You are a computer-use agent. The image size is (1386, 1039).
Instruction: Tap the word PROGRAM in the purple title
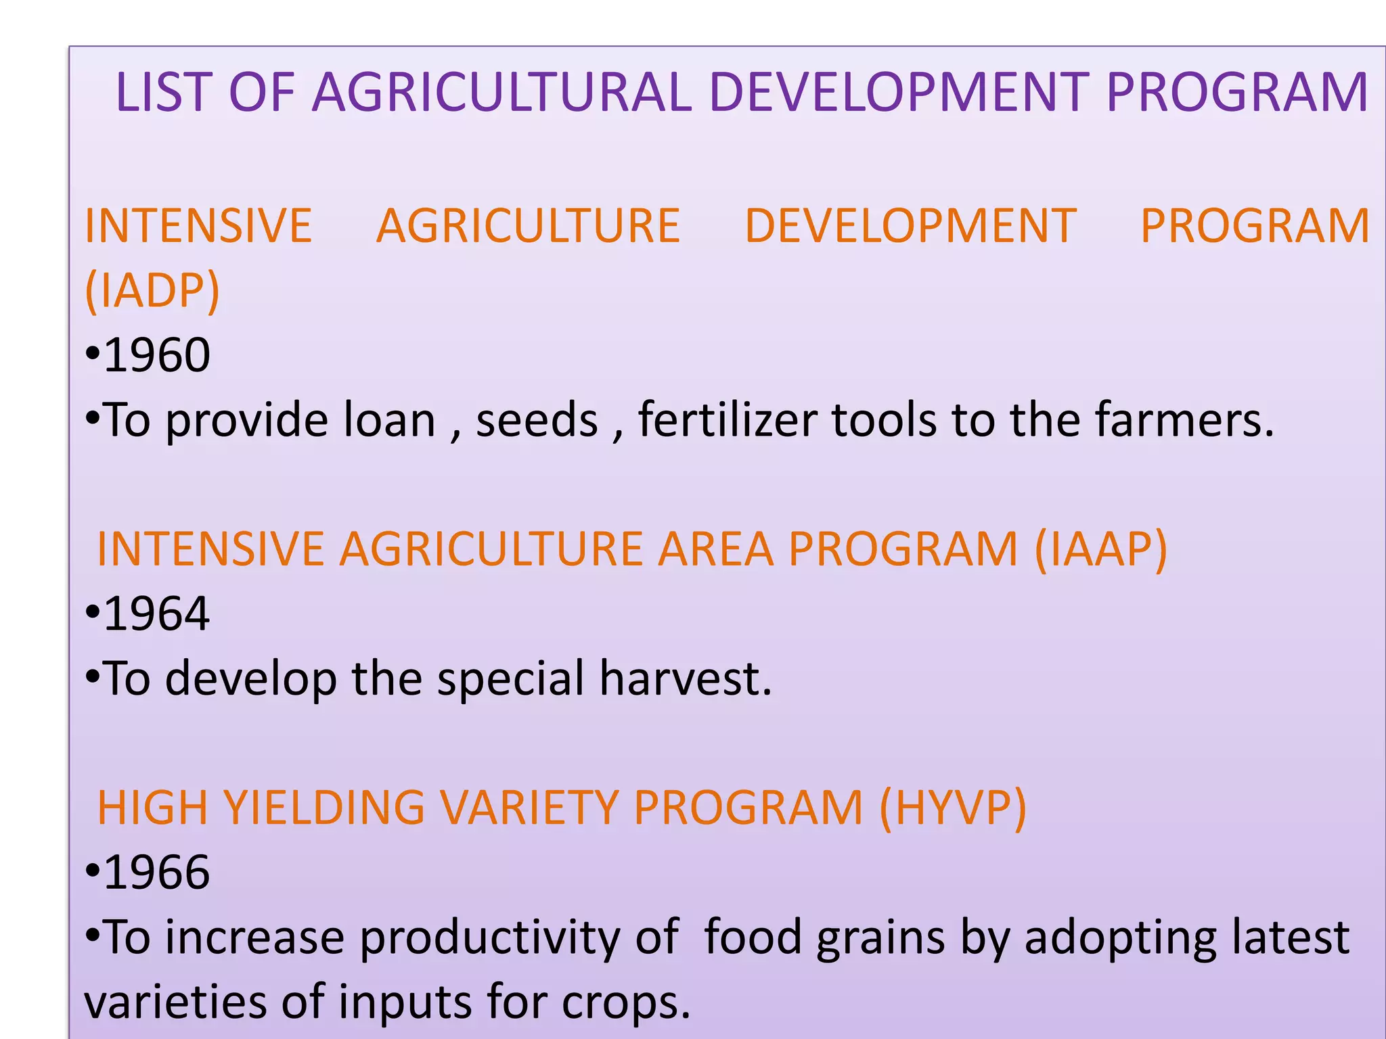click(1237, 92)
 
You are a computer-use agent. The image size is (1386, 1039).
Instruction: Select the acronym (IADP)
click(152, 290)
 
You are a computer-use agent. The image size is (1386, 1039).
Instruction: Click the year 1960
click(157, 354)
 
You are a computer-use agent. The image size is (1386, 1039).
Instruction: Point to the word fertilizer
click(728, 419)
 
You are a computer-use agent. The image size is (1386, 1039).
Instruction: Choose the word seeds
click(537, 421)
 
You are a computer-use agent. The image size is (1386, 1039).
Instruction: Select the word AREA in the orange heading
click(716, 549)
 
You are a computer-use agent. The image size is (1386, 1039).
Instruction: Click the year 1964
click(157, 614)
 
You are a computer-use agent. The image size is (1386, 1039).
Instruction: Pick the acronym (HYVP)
click(953, 808)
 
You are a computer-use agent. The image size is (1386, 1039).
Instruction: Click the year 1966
click(157, 872)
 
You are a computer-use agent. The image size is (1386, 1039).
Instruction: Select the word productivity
click(489, 938)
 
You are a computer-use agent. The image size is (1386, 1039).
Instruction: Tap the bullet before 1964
click(93, 614)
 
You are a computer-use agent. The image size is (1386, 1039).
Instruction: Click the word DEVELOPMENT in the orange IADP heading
click(910, 225)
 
